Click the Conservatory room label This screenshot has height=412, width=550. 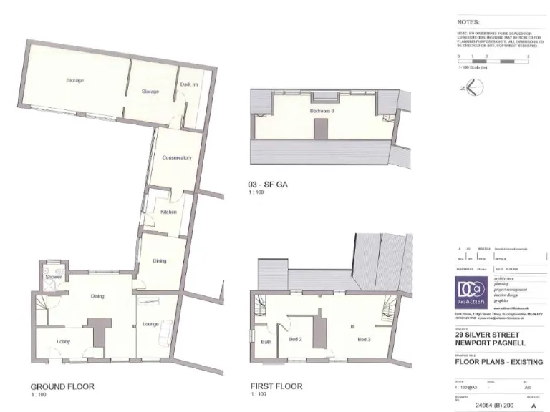point(176,157)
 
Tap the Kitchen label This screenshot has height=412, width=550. point(168,212)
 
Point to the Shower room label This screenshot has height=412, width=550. point(53,276)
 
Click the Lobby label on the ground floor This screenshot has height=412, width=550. point(63,341)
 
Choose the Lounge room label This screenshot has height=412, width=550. point(150,323)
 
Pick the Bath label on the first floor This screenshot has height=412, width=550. point(266,342)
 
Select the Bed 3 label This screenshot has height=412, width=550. point(365,338)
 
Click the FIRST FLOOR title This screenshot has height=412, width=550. point(276,386)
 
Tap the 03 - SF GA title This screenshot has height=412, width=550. point(266,184)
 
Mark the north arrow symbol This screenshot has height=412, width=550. point(474,87)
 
